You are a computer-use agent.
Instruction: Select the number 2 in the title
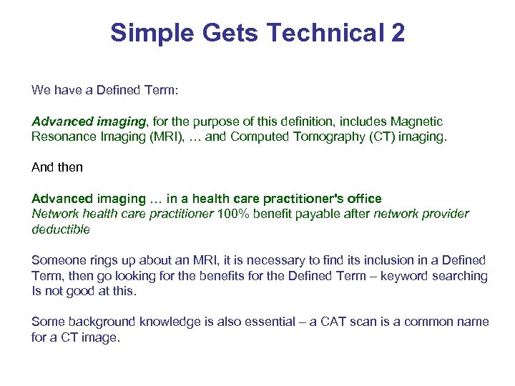pyautogui.click(x=397, y=32)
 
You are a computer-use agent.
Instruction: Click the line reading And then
pyautogui.click(x=57, y=167)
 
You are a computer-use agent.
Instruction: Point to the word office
pyautogui.click(x=363, y=198)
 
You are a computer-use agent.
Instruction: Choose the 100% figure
pyautogui.click(x=232, y=214)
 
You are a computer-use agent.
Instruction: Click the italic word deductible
pyautogui.click(x=61, y=229)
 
